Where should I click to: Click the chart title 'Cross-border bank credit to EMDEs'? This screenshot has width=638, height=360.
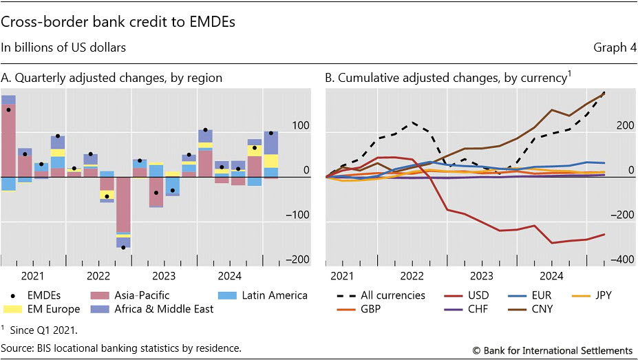[x=119, y=22]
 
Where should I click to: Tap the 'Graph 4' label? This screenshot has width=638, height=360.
[x=612, y=47]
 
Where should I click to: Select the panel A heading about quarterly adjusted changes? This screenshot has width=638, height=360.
[x=111, y=78]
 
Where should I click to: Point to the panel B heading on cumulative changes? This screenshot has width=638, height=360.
[x=449, y=78]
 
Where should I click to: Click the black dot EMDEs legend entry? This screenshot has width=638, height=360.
[x=34, y=295]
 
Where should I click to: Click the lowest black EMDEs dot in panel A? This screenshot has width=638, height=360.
[x=123, y=247]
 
